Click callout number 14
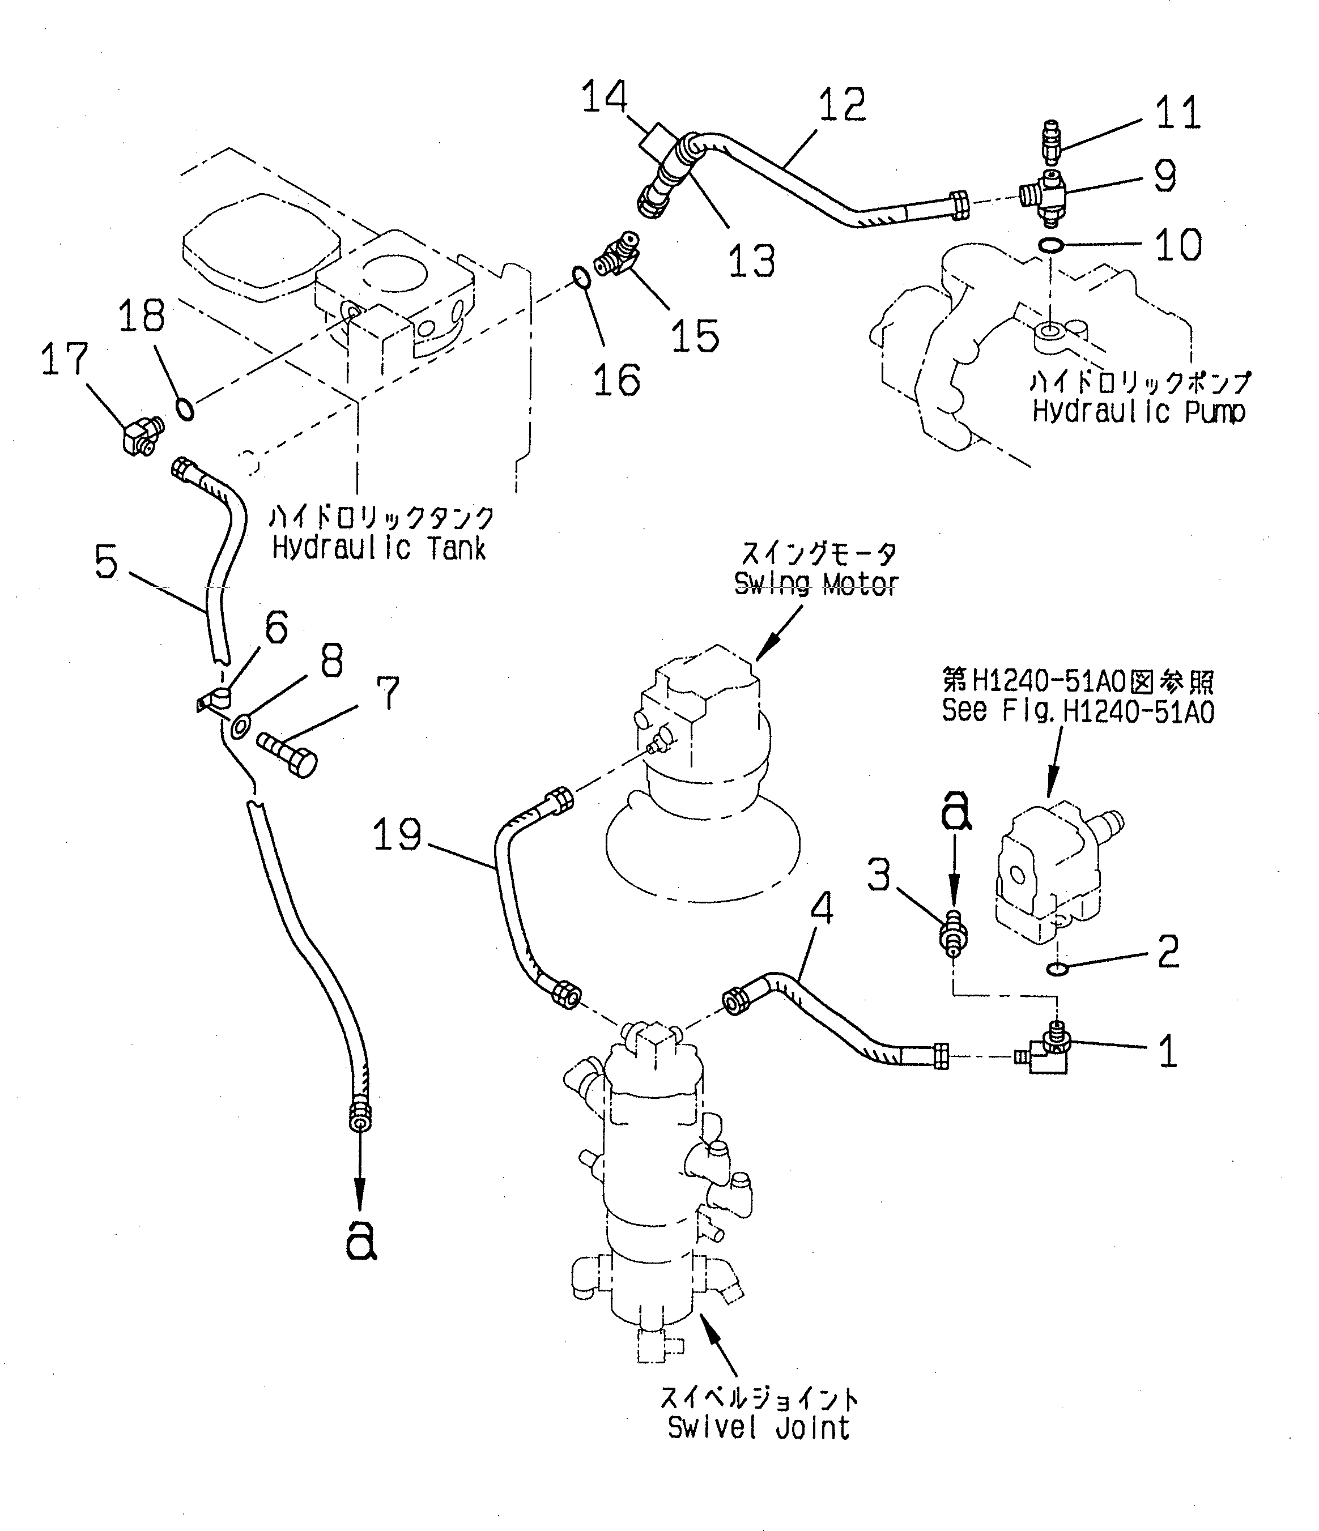coord(605,99)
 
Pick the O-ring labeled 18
coord(186,408)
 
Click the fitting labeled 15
coord(619,255)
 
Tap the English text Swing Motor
coord(816,585)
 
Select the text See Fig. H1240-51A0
coord(1078,711)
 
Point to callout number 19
coord(397,835)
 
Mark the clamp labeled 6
coord(214,700)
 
